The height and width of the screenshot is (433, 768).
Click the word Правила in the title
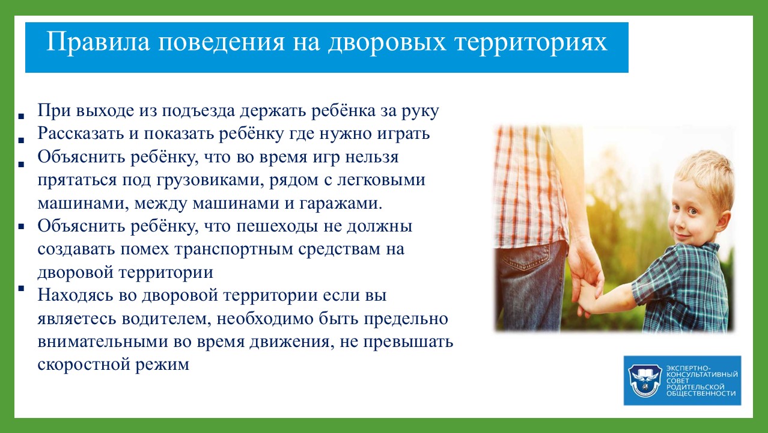[98, 43]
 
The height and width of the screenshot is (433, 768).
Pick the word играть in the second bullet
[404, 135]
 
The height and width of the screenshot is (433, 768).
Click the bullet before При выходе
[21, 117]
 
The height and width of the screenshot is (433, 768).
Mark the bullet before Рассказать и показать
[21, 140]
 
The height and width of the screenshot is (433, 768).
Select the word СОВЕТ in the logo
[677, 381]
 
